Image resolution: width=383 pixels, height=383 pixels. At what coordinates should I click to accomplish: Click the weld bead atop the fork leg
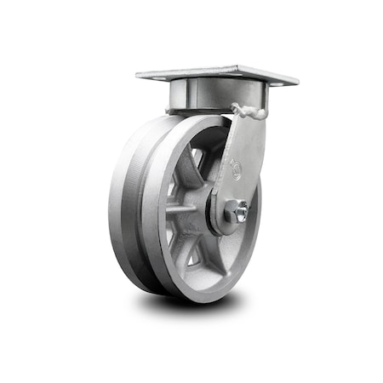pos(249,111)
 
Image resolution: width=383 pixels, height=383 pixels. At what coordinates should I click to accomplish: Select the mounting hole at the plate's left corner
pos(146,75)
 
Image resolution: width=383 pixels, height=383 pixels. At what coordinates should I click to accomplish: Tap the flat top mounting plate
pos(217,75)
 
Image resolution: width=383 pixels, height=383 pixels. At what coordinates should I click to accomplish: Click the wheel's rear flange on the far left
pos(114,204)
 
